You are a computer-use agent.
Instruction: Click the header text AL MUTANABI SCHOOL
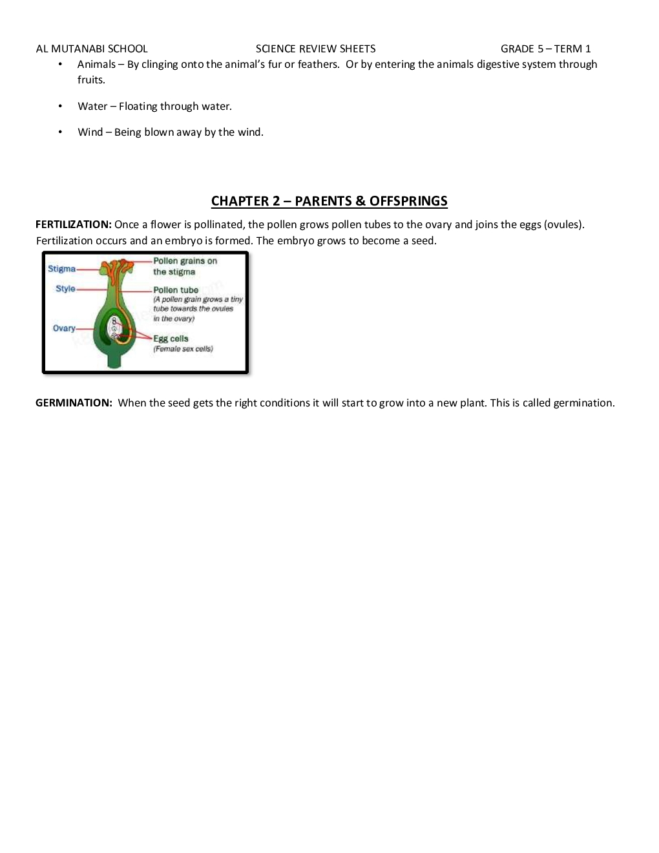click(92, 49)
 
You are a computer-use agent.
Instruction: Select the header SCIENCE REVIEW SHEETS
click(315, 49)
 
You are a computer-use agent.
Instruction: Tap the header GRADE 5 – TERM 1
click(545, 49)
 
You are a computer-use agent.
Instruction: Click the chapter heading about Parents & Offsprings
click(329, 201)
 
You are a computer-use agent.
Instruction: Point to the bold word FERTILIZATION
click(73, 225)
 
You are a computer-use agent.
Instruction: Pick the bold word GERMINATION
click(74, 403)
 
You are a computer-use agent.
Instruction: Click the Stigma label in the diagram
click(61, 269)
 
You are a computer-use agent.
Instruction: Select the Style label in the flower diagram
click(65, 289)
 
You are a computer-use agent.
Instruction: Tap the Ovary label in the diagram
click(64, 328)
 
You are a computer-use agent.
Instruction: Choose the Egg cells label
click(171, 339)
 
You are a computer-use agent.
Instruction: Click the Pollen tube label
click(176, 290)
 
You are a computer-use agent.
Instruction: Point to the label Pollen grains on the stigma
click(184, 266)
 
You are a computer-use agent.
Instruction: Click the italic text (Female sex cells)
click(183, 349)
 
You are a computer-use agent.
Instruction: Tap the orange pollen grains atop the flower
click(118, 267)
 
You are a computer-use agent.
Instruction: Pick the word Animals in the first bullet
click(96, 65)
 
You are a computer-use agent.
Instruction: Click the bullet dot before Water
click(60, 106)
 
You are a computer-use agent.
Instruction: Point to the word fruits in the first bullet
click(90, 80)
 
